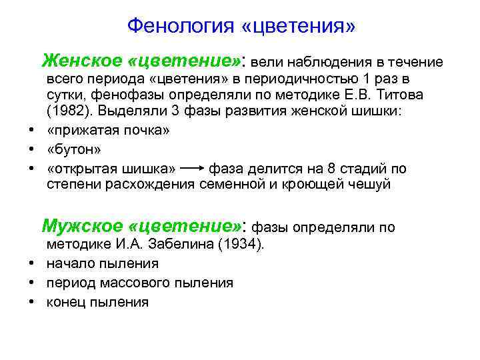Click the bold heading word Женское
tap(81, 61)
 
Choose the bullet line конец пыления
tap(97, 302)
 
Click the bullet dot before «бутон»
tap(31, 149)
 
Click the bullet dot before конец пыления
tap(31, 302)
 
